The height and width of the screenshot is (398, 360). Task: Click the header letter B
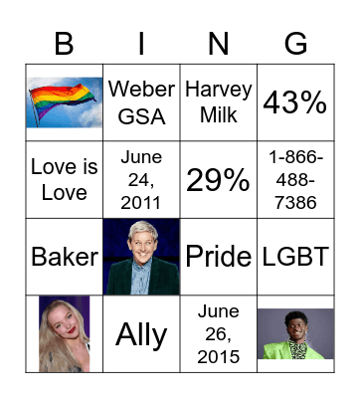coord(65,43)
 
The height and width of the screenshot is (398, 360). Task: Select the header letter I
coord(141,43)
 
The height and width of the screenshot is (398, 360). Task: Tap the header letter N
coord(219,43)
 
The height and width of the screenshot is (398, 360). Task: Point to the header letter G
coord(295,43)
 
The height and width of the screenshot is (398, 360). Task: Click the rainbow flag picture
coord(65,101)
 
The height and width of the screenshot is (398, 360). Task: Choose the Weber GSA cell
coord(141,101)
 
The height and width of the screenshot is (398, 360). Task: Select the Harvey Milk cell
coord(219,101)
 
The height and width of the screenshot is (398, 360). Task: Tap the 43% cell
coord(295,101)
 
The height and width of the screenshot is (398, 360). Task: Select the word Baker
coord(65,256)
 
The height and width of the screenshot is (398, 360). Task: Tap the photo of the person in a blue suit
coord(141,256)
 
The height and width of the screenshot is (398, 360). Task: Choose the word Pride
coord(219,256)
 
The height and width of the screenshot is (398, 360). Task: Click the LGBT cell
coord(295,256)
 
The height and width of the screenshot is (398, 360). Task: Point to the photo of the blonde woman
coord(65,333)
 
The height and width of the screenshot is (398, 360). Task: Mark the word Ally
coord(141,334)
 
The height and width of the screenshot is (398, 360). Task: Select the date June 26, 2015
coord(219,333)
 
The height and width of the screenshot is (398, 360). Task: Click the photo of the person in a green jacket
coord(295,333)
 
